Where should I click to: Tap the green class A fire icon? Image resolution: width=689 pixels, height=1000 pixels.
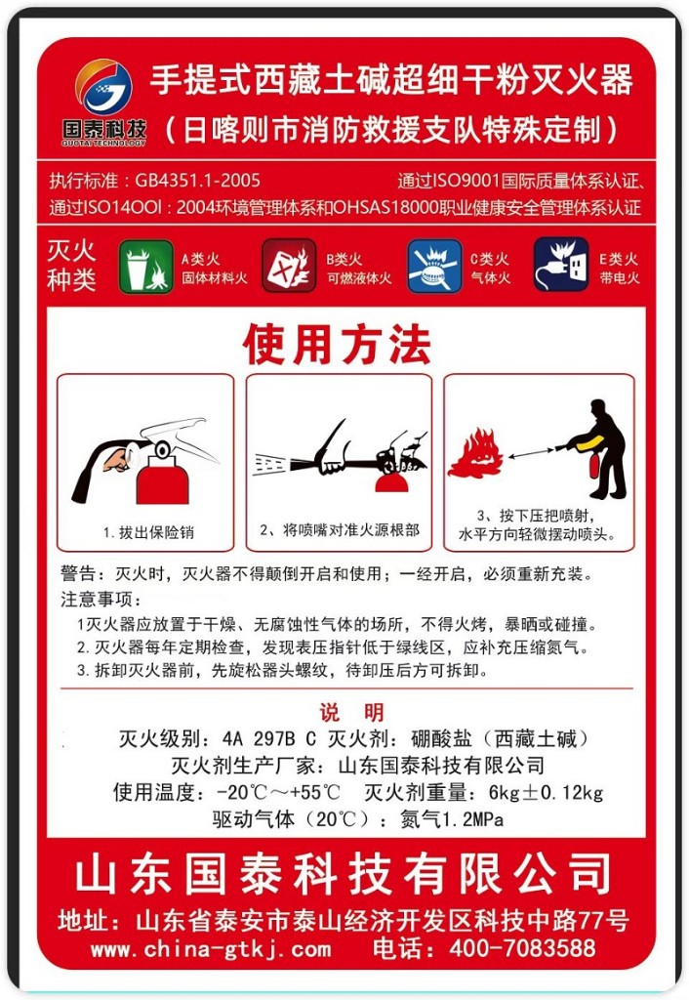coord(145,267)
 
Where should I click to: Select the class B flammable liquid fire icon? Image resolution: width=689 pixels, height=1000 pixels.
coord(289,267)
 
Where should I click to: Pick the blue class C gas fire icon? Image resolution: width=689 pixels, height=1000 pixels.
coord(434,267)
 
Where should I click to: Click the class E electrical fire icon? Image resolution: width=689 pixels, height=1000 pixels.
coord(561,266)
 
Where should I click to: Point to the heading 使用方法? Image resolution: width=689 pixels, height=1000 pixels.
coord(336,344)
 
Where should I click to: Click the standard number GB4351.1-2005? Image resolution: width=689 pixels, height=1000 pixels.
coord(198,181)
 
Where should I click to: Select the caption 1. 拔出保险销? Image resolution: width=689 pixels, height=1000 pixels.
coord(148,532)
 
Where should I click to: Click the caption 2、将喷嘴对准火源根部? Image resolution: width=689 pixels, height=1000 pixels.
coord(339,530)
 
